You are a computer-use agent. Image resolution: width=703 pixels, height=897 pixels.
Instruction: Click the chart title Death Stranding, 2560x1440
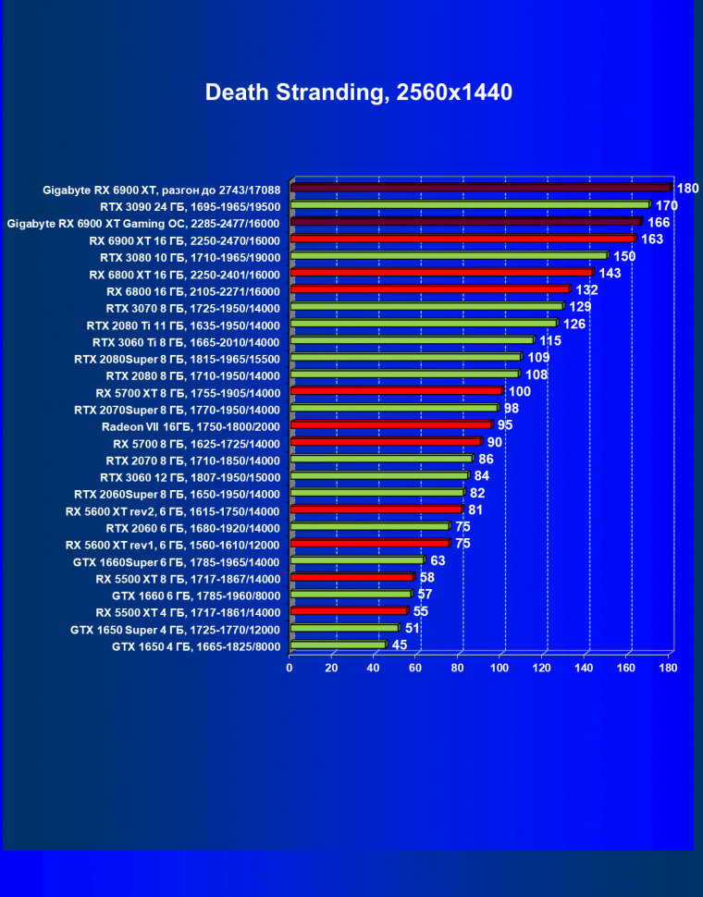pos(358,92)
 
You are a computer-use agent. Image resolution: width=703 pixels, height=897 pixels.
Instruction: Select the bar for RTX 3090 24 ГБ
pos(470,204)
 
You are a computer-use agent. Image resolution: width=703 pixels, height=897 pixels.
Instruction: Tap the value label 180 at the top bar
pos(687,189)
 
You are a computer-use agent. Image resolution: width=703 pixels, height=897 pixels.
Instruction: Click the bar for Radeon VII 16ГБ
pos(390,425)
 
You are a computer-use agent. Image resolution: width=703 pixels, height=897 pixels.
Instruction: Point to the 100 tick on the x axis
pos(500,667)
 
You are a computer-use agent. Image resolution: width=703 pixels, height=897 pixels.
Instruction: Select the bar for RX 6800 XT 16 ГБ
pos(441,273)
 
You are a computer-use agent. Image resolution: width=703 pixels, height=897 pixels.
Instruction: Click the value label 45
pos(400,645)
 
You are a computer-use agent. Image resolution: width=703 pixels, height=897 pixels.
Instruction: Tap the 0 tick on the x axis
pos(290,667)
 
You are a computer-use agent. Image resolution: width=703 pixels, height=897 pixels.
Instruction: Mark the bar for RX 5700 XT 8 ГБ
pos(396,391)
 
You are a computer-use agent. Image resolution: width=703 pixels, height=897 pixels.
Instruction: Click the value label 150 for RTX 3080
pos(624,256)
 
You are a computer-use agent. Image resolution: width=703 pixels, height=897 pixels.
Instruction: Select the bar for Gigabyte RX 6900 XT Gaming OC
pos(466,222)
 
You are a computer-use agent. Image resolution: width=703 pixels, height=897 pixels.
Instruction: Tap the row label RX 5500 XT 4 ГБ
pos(187,612)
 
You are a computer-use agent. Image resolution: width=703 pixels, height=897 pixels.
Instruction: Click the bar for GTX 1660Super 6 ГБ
pos(357,560)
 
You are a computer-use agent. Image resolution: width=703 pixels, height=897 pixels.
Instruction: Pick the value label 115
pos(550,341)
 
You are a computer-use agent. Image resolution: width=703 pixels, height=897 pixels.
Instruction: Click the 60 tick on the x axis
pos(416,667)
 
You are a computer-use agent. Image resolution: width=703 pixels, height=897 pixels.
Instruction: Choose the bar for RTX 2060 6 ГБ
pos(369,526)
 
